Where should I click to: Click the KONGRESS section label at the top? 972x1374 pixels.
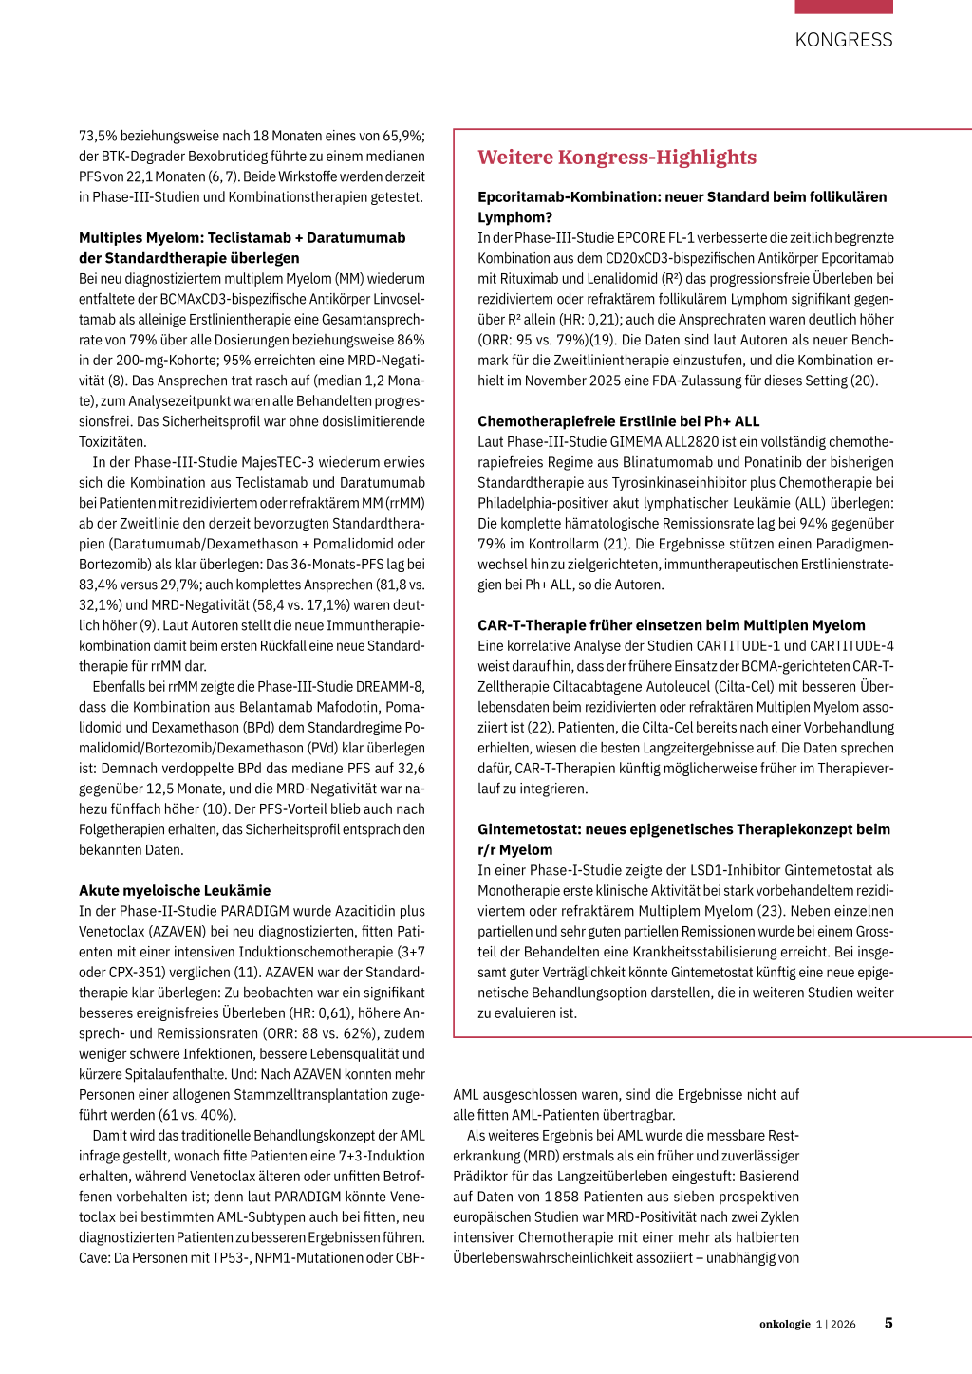pyautogui.click(x=843, y=40)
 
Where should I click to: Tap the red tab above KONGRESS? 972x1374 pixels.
pyautogui.click(x=843, y=7)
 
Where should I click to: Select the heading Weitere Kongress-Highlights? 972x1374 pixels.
pyautogui.click(x=617, y=158)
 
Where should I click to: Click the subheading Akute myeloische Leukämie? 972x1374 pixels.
pyautogui.click(x=175, y=890)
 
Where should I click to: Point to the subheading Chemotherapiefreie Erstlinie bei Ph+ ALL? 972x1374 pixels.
pyautogui.click(x=618, y=421)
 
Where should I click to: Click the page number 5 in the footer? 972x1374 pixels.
pyautogui.click(x=888, y=1323)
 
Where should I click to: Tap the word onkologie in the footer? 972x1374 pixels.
pyautogui.click(x=784, y=1324)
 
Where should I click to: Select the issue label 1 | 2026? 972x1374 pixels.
pyautogui.click(x=835, y=1324)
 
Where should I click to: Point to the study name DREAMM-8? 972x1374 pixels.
pyautogui.click(x=393, y=686)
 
